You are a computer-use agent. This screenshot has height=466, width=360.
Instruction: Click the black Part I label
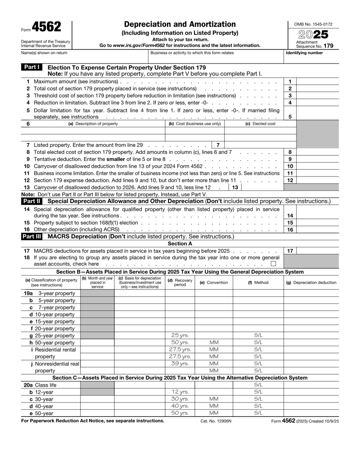31,67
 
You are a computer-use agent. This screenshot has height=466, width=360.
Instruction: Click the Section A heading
180,244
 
